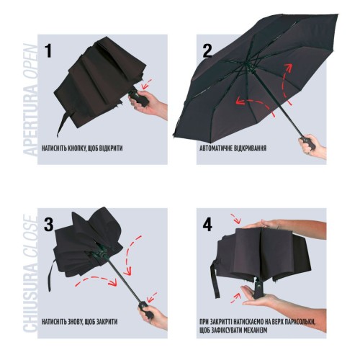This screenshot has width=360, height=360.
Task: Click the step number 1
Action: point(49,51)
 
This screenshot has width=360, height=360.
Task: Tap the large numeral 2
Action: point(207,51)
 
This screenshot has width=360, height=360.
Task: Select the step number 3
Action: point(49,225)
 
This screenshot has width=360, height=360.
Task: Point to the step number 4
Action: point(207,225)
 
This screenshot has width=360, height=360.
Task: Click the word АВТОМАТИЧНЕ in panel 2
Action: point(217,148)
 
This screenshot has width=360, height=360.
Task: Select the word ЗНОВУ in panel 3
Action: point(72,322)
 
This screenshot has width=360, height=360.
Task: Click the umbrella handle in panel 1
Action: point(139,96)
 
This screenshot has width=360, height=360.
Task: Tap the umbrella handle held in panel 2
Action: point(307,143)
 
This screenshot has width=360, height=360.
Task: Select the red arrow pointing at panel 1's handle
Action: point(147,84)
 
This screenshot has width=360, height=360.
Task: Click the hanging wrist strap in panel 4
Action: point(215,279)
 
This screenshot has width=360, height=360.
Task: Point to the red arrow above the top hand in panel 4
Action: point(235,218)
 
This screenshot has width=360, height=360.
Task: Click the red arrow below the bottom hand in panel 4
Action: point(236,298)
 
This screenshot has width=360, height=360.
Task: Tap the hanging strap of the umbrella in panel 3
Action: point(50,276)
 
